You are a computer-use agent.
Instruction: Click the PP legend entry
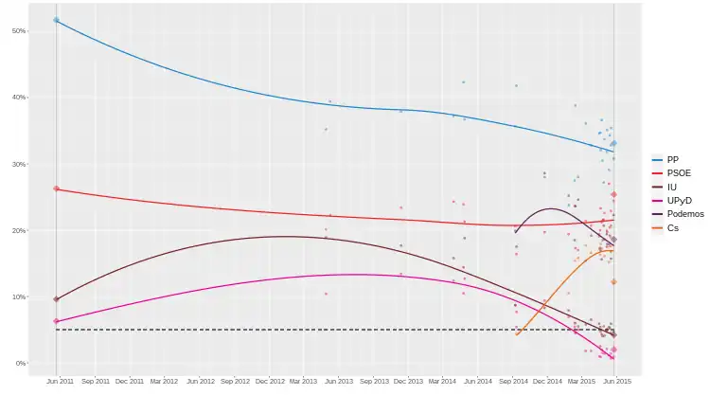click(672, 159)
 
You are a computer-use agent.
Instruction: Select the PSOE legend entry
click(678, 173)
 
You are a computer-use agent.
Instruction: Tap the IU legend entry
click(671, 187)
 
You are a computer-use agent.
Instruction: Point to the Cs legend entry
click(672, 227)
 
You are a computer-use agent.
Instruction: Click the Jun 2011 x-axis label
click(60, 381)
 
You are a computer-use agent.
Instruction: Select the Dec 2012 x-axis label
click(270, 381)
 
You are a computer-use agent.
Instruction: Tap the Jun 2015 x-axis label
click(617, 381)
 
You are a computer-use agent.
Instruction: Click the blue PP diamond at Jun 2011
click(56, 20)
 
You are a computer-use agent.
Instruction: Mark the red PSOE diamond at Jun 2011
click(56, 189)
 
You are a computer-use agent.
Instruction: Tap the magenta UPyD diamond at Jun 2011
click(56, 321)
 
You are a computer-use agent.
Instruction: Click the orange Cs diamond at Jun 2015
click(614, 281)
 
